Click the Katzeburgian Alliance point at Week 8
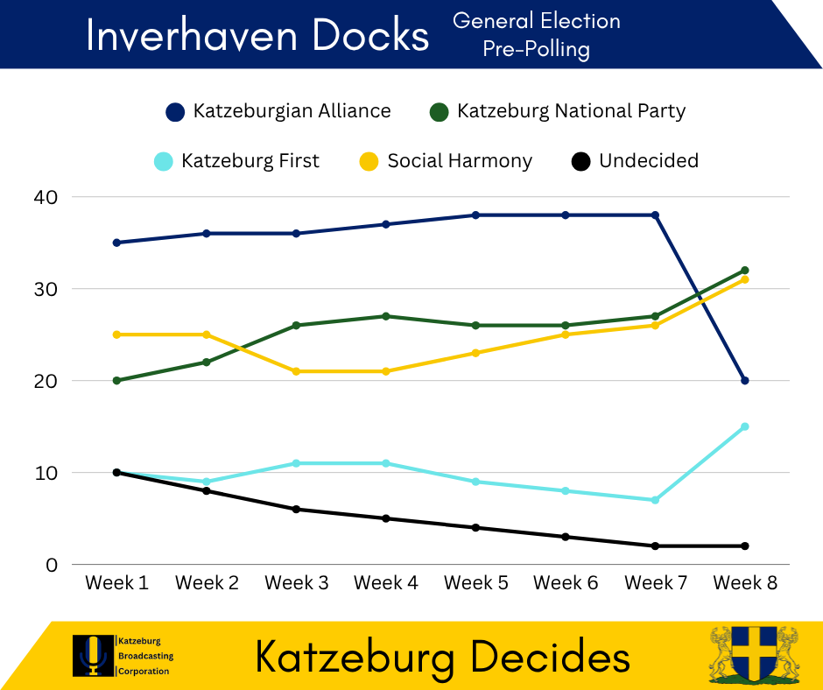click(745, 381)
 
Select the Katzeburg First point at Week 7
click(655, 501)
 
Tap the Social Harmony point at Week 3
click(296, 371)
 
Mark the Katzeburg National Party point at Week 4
click(386, 316)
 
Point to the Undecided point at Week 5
click(475, 528)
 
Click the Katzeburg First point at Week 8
click(745, 427)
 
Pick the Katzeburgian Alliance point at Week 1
click(116, 243)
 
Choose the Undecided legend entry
click(635, 161)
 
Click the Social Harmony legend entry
click(446, 161)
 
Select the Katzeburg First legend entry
click(236, 161)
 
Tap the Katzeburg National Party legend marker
click(439, 112)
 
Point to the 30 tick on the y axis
click(46, 289)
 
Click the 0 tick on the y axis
click(52, 565)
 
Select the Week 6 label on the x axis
click(566, 583)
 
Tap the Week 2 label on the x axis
click(207, 583)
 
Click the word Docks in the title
click(370, 36)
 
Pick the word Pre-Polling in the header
click(537, 49)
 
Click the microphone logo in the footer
click(93, 656)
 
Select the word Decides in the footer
click(550, 658)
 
